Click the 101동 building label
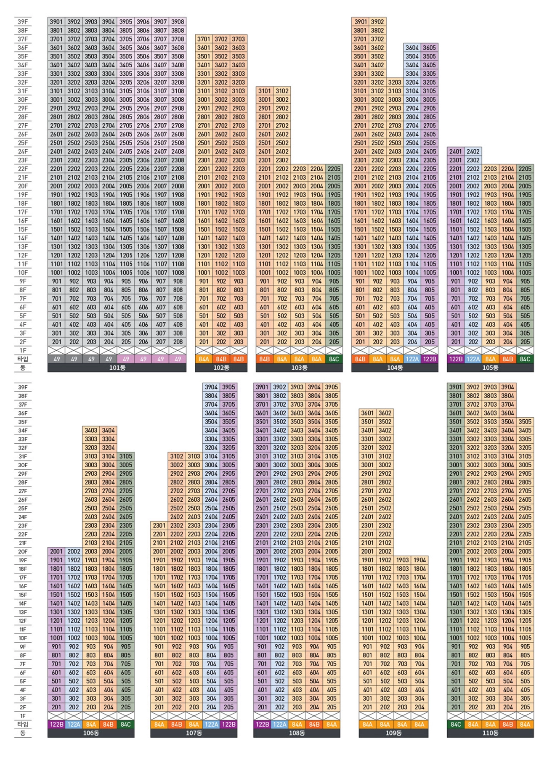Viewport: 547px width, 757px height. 117,368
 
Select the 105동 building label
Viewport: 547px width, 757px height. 490,368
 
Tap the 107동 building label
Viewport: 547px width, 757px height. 194,733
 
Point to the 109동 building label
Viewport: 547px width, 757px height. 393,733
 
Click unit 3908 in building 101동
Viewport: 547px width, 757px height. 178,22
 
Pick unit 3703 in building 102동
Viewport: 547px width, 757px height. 239,39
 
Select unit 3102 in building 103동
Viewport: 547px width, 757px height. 282,91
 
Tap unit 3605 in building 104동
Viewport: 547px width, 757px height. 430,48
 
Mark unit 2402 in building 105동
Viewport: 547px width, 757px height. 473,151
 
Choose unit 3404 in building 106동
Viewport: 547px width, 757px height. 109,430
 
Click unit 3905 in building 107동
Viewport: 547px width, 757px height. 228,387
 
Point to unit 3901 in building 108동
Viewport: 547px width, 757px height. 262,387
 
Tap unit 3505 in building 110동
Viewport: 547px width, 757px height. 525,422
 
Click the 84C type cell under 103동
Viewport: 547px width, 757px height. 334,359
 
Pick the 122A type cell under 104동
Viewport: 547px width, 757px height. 412,359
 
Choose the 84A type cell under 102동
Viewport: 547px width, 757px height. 204,359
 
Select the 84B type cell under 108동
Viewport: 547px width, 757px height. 314,725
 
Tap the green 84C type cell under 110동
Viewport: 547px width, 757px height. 456,725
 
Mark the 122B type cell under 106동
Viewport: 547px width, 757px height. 56,725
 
